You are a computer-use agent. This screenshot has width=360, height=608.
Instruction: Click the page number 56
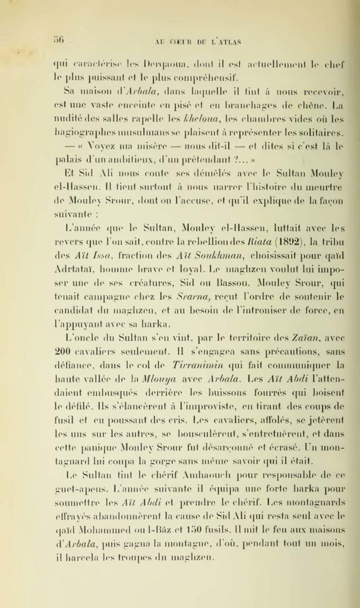pyautogui.click(x=59, y=40)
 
